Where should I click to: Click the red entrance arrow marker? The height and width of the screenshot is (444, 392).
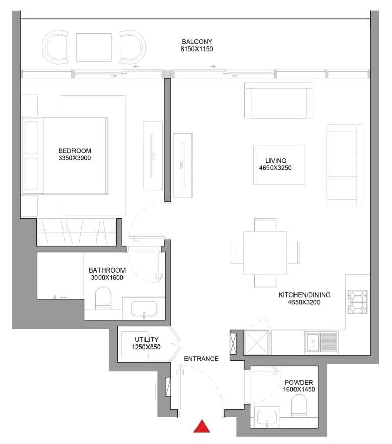pos(203,426)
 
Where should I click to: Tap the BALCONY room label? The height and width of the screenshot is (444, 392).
pos(197,42)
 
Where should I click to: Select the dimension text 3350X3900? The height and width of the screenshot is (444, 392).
pos(75,158)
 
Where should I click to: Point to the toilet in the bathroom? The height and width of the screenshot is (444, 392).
pos(103,299)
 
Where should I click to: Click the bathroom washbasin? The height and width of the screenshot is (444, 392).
pos(144,309)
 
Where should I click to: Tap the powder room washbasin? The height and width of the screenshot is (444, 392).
pos(266,418)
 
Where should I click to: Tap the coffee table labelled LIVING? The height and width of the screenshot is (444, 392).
pos(279,165)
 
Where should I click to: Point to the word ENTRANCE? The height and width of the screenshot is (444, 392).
pos(201,359)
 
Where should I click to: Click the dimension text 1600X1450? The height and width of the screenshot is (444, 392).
pos(299,389)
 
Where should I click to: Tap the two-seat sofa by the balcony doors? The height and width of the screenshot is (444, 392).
pos(279,100)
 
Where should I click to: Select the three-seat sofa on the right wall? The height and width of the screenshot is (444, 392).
pos(341,165)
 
